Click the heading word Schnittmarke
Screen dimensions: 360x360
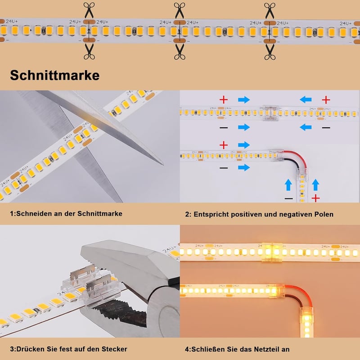54,75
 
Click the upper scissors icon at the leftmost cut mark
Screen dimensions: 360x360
89,10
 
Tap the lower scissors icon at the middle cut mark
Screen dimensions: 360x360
180,52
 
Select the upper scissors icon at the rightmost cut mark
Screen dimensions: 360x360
270,10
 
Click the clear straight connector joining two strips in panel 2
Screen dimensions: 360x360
270,113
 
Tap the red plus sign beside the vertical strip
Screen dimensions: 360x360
316,198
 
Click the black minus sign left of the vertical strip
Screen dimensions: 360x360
288,198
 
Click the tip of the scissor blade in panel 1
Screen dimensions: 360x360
163,165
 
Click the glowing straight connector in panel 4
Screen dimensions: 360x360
272,252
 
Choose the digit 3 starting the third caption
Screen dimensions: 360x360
12,349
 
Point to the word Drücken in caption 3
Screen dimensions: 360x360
30,349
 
